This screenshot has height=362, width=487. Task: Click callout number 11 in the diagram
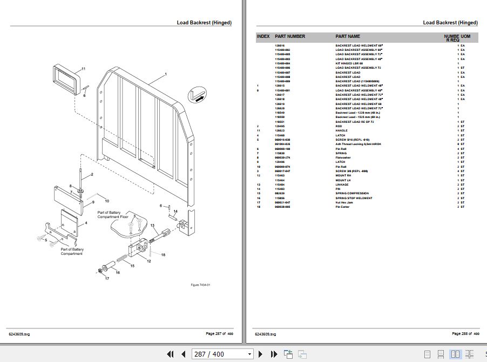84,69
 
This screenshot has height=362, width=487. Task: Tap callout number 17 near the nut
107,278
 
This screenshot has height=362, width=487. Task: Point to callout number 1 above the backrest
165,74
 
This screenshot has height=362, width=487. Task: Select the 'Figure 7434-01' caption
200,285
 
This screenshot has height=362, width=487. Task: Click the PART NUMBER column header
290,36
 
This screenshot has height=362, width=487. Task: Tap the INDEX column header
263,36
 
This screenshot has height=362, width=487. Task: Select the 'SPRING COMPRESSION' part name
352,193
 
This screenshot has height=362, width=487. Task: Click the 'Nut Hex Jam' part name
345,202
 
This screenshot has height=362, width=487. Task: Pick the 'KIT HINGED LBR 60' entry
350,63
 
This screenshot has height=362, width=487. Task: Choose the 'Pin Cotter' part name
343,207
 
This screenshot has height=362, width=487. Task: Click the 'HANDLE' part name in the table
342,130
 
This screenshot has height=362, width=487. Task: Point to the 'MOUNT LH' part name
343,180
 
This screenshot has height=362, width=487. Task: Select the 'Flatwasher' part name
344,157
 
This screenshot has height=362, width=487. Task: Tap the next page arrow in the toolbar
260,354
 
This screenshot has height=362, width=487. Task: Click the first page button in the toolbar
170,354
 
